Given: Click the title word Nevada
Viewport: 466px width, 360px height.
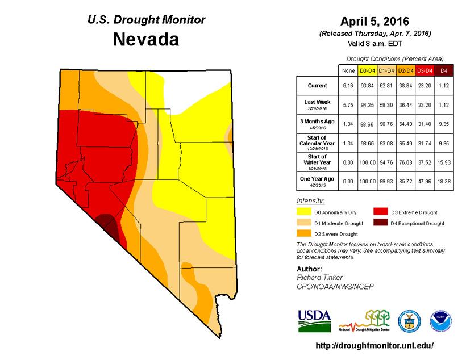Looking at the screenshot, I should pyautogui.click(x=146, y=40).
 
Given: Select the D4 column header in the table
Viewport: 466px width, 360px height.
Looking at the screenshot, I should pyautogui.click(x=444, y=70).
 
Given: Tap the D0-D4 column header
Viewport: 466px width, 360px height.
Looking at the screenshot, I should pyautogui.click(x=367, y=70).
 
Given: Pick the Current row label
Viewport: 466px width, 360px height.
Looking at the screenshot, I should pyautogui.click(x=317, y=86).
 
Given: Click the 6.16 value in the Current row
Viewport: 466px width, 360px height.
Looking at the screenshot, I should pyautogui.click(x=347, y=86).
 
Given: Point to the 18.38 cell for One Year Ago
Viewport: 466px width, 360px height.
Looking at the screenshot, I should pyautogui.click(x=444, y=181).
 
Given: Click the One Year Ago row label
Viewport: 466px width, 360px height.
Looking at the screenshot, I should pyautogui.click(x=317, y=181).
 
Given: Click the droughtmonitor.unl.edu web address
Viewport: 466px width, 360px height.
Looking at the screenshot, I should pyautogui.click(x=374, y=345).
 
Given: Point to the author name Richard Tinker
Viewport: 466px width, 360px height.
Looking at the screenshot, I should pyautogui.click(x=319, y=277).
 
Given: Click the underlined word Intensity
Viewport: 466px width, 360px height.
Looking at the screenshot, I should pyautogui.click(x=311, y=202).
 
